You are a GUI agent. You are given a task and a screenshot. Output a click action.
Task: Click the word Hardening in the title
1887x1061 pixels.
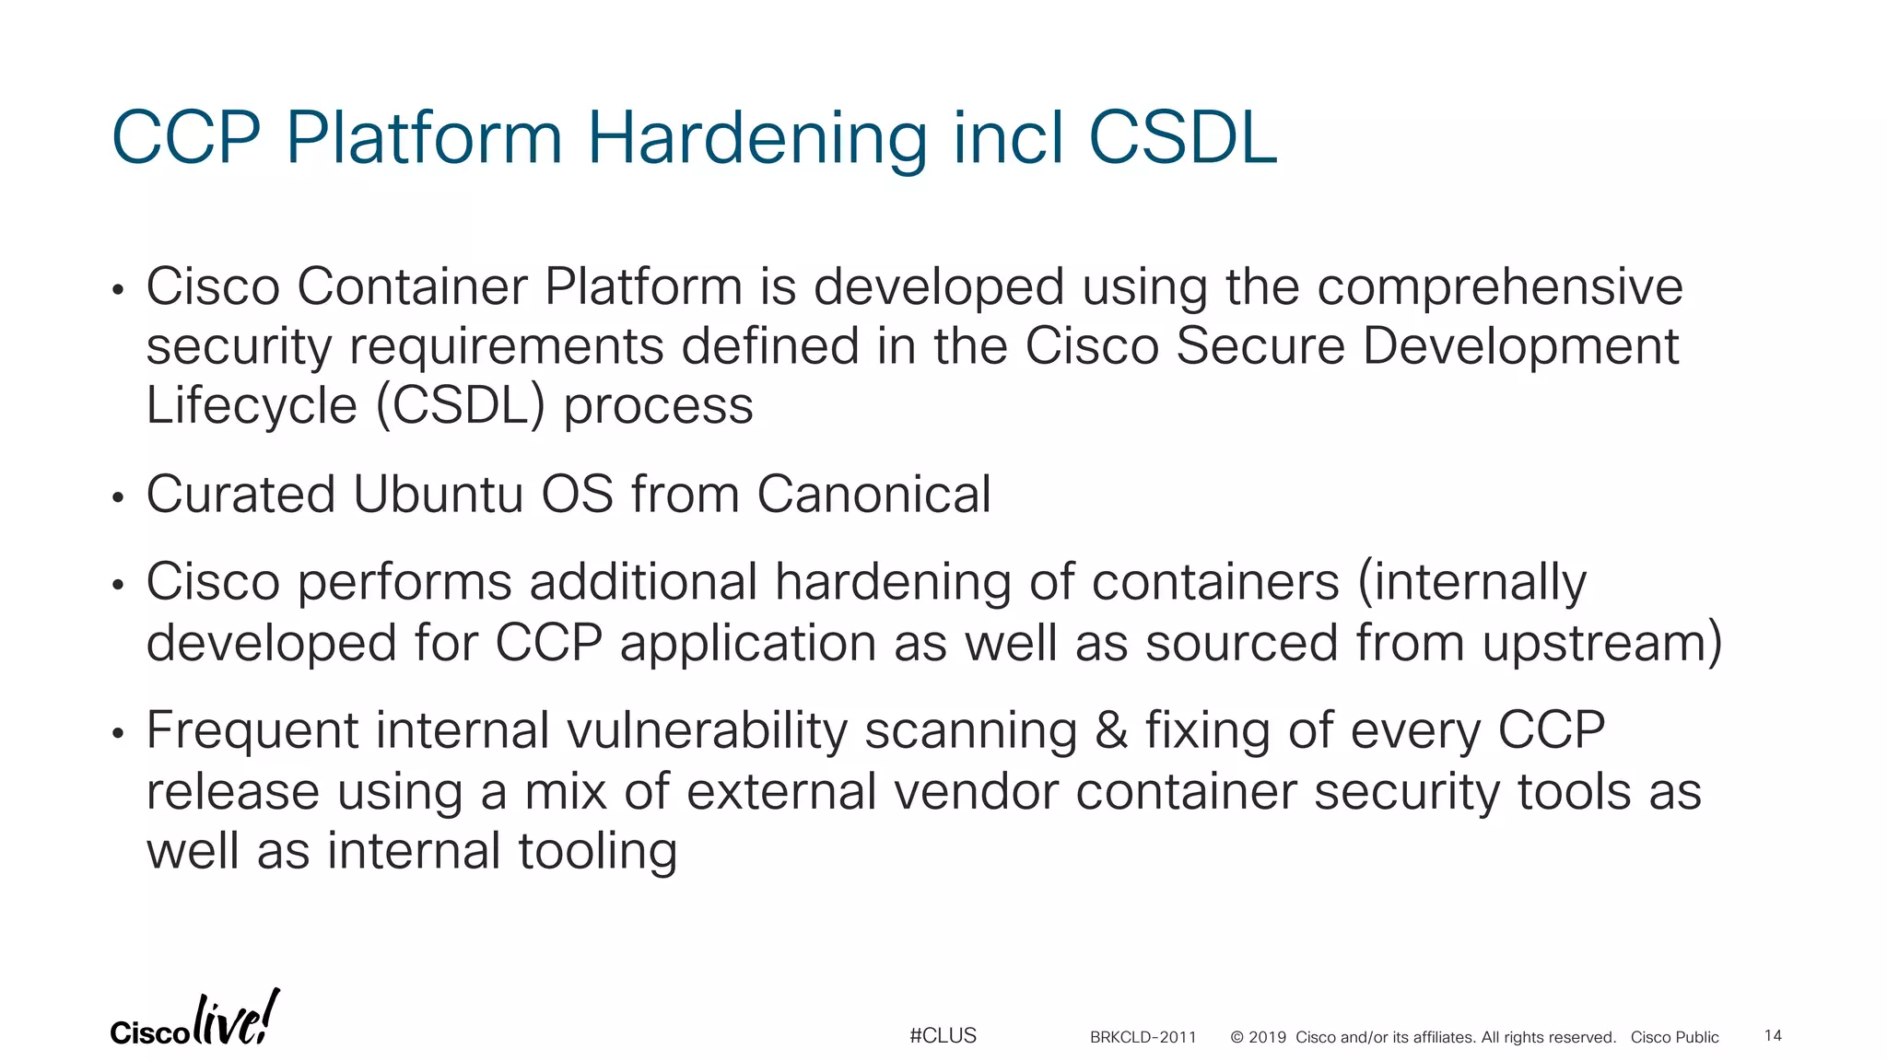tap(756, 138)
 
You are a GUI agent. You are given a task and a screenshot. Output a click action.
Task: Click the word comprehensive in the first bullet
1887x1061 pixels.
tap(1499, 286)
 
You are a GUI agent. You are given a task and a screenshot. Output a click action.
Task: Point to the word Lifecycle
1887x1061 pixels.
tap(251, 405)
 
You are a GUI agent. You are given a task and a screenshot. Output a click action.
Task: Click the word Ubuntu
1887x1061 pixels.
tap(438, 494)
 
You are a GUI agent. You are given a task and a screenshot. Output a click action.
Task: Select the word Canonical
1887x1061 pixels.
tap(873, 494)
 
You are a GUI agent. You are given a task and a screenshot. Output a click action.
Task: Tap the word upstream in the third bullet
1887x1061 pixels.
tap(1595, 642)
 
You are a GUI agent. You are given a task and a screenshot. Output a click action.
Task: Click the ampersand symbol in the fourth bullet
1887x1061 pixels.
tap(1111, 730)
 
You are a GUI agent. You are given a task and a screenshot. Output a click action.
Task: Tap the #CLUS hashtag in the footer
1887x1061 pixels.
tap(943, 1036)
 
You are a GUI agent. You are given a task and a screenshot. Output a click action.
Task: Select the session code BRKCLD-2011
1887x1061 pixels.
tap(1143, 1037)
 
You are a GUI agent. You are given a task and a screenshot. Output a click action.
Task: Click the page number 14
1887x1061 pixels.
tap(1773, 1036)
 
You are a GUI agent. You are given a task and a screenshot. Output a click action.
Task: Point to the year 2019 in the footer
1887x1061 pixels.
tap(1267, 1037)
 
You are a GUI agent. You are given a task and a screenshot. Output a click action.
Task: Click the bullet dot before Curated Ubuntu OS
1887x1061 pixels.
tap(117, 498)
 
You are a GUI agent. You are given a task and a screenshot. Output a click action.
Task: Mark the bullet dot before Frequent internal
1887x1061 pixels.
tap(117, 734)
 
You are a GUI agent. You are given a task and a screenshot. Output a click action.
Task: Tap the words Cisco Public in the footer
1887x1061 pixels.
tap(1674, 1037)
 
